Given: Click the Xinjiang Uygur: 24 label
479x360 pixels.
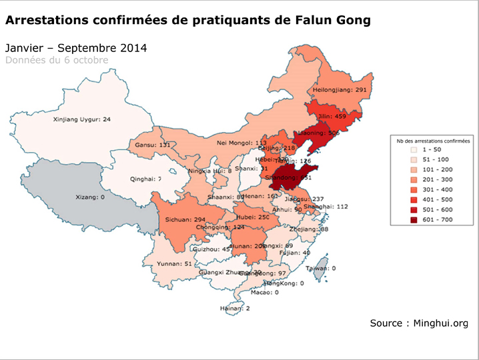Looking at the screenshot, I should [82, 120].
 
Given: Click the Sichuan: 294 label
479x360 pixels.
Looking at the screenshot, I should [181, 219].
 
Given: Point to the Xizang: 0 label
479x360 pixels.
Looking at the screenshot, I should [91, 197].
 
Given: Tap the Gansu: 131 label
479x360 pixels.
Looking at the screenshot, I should [153, 145].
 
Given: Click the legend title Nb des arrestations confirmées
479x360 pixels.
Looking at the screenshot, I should [433, 141].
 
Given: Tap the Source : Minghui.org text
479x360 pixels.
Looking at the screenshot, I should [419, 323].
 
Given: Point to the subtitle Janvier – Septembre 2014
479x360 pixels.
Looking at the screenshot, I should [76, 49].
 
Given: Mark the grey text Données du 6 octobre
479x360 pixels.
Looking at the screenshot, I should [57, 60].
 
